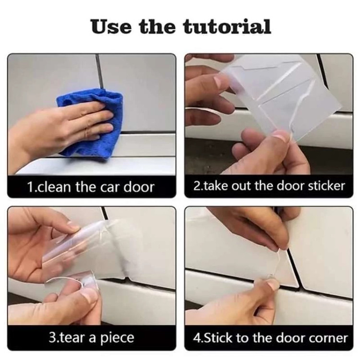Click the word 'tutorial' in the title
[227, 26]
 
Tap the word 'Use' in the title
[112, 26]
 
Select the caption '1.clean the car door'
[91, 187]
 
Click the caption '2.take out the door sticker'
[269, 186]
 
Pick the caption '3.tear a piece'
[91, 338]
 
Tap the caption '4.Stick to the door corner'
[270, 338]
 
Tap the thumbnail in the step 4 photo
[273, 284]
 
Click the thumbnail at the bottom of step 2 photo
[280, 136]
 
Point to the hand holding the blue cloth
[62, 129]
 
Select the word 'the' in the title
[158, 26]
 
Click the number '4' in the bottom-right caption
[196, 338]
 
